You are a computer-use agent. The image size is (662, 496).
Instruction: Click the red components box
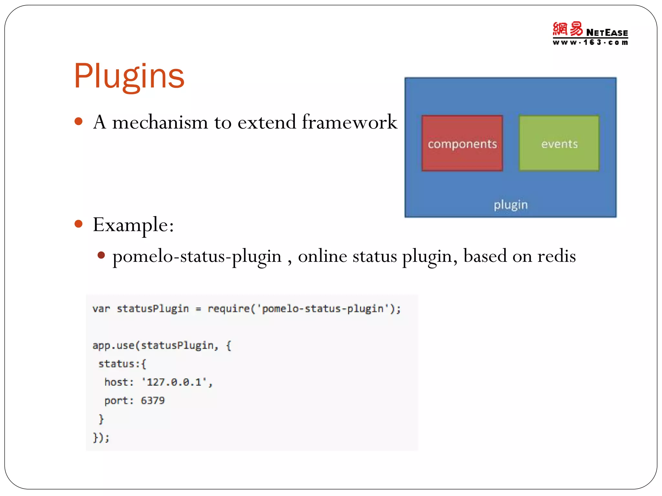pos(462,143)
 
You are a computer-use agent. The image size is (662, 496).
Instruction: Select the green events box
pos(559,143)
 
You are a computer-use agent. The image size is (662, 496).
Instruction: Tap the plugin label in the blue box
pos(510,205)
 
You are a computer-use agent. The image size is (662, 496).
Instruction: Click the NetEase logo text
pos(607,33)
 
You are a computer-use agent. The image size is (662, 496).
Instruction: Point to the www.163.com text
pos(590,42)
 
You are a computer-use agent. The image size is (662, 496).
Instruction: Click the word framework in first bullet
pos(349,122)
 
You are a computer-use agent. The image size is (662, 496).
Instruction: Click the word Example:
pos(133,225)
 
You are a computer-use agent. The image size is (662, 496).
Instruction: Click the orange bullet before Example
pos(79,224)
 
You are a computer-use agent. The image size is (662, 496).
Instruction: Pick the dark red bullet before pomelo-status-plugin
pos(101,255)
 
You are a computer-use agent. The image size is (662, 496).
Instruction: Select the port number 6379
pos(153,401)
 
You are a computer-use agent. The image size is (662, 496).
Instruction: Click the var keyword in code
pos(101,309)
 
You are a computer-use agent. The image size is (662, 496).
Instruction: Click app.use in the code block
pos(113,346)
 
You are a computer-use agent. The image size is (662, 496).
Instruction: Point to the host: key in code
pos(119,382)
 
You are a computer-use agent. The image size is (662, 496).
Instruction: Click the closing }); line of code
pos(101,438)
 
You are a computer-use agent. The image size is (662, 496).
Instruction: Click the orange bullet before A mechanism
pos(79,122)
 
